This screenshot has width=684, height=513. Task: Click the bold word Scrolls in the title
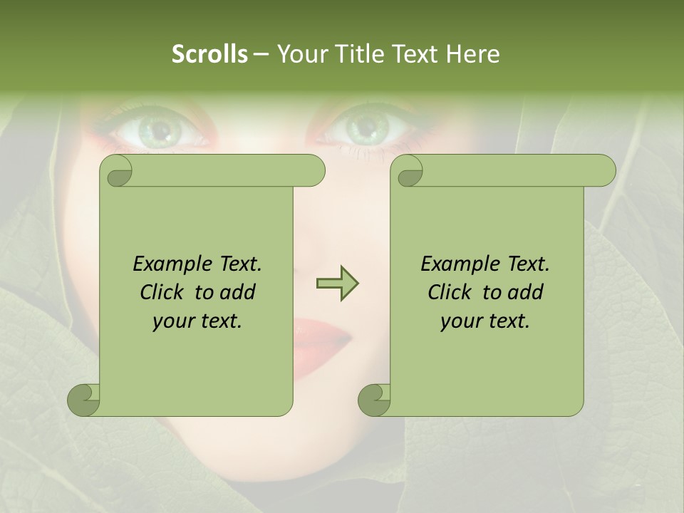coord(210,54)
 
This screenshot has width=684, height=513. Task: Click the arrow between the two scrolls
coord(337,284)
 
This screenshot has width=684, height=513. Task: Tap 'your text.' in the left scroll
coord(197,321)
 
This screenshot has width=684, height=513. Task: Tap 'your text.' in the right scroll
coord(485,321)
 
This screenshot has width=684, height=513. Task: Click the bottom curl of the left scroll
coord(83,400)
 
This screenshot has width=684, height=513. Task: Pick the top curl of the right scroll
coord(409,171)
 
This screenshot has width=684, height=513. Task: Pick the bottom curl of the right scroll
coord(374,400)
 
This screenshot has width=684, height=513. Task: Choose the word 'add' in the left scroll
coord(238,292)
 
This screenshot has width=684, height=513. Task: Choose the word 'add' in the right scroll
coord(526,292)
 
